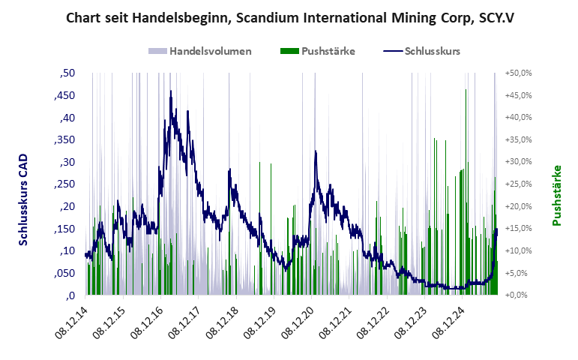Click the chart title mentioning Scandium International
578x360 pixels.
[289, 17]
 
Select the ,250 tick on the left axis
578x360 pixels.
[64, 184]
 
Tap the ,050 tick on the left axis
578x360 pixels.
[64, 273]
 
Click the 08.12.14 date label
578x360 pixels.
[72, 323]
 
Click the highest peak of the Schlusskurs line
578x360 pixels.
[171, 91]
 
